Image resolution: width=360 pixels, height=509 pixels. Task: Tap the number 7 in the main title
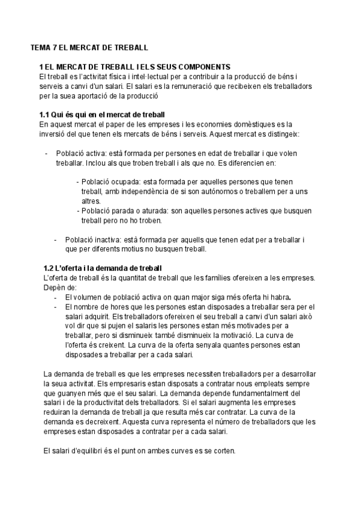pos(56,47)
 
